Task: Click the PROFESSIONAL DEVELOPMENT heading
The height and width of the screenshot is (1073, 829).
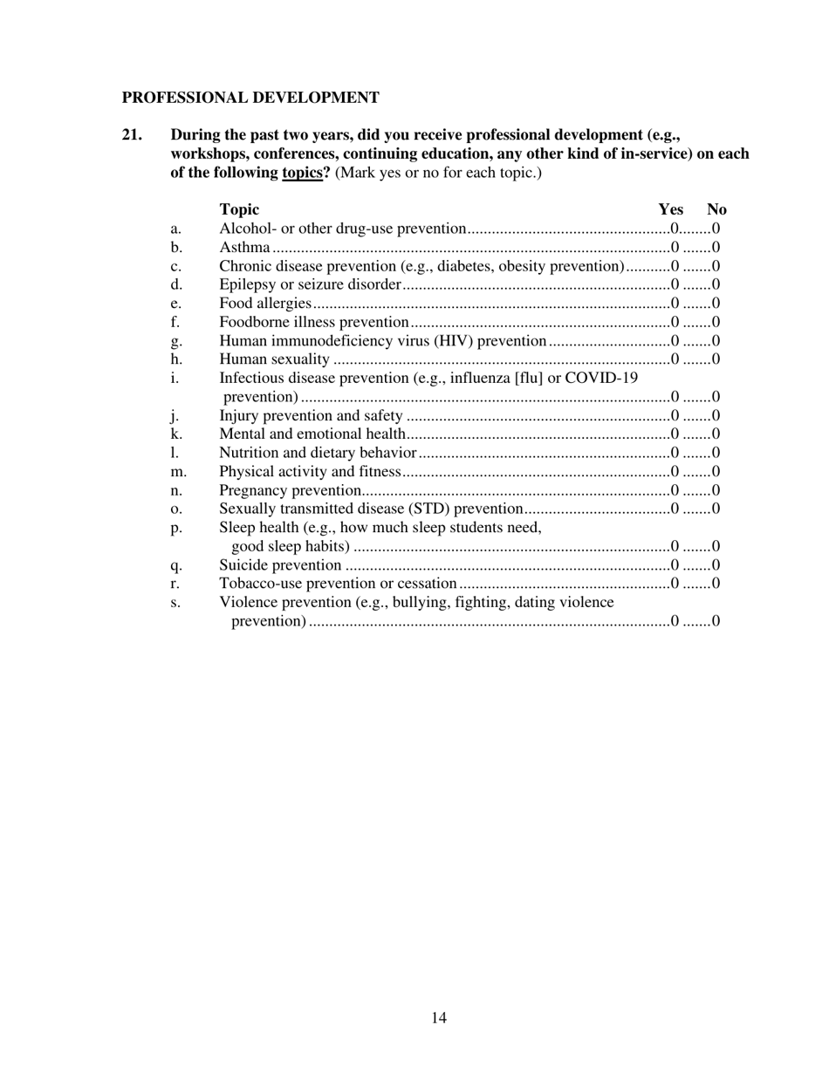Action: [250, 98]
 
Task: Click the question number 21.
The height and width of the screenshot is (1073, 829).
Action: [132, 135]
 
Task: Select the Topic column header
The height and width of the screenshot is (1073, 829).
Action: [239, 209]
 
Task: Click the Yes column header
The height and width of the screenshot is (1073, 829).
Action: [670, 209]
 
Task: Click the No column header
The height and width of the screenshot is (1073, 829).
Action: [716, 209]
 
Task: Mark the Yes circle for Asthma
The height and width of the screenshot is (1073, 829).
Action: [675, 248]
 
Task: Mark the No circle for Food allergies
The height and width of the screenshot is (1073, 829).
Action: [716, 304]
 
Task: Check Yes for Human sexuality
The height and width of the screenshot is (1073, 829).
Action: [675, 359]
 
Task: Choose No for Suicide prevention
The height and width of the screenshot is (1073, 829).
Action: [716, 565]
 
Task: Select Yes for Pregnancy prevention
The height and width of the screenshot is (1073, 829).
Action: [675, 490]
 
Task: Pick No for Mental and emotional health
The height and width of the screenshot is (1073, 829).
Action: [716, 434]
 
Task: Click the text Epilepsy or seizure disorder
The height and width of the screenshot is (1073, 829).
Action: [310, 284]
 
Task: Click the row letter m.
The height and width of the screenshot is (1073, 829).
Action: [178, 472]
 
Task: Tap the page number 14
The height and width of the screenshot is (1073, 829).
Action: [439, 1017]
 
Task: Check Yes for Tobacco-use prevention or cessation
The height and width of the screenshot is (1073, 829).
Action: [675, 584]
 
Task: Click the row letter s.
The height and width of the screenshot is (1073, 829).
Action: [175, 603]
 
